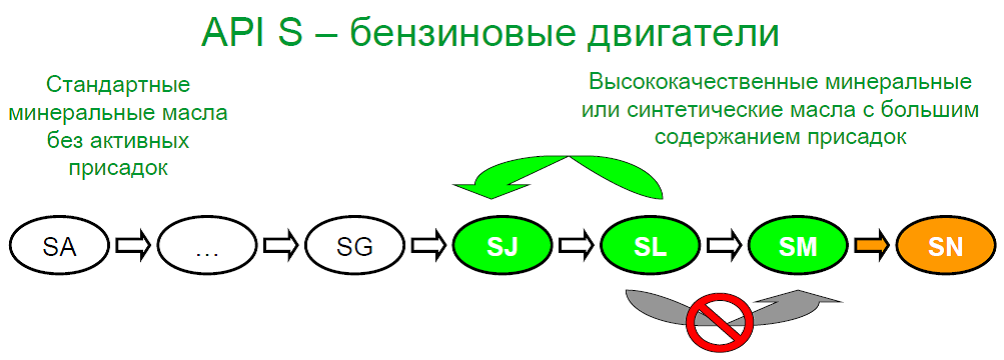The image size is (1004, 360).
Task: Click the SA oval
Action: [60, 247]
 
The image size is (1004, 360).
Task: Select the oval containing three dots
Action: [207, 247]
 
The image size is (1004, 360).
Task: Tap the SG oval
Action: [355, 247]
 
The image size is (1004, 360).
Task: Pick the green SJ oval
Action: [503, 247]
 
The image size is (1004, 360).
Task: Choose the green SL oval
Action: [650, 247]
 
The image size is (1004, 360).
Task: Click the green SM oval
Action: [798, 247]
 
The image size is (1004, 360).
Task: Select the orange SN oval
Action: [946, 247]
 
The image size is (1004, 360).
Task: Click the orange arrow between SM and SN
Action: [871, 246]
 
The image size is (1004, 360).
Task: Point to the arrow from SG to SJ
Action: [428, 246]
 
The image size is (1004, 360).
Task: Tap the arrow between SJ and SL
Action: [576, 246]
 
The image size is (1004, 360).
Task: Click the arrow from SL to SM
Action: [724, 246]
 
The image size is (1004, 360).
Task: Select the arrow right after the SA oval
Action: [133, 246]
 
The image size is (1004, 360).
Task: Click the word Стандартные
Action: [119, 85]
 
